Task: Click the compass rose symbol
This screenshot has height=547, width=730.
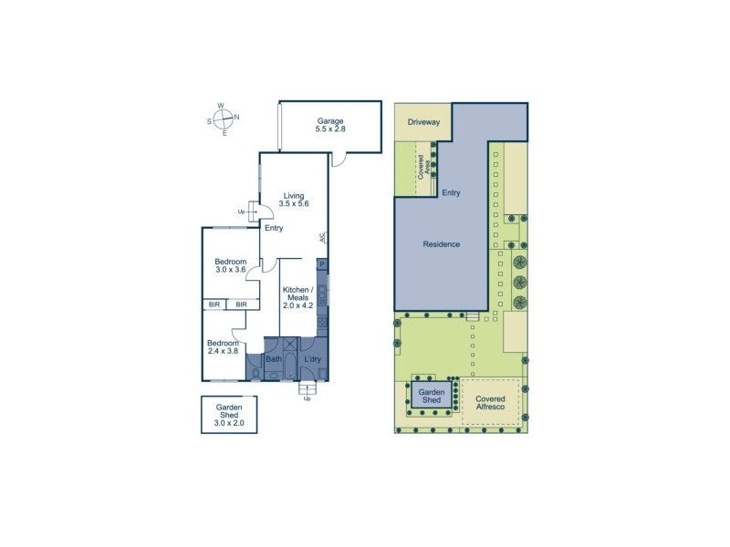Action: (223, 118)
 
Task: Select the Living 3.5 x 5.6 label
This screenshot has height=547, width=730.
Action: (293, 200)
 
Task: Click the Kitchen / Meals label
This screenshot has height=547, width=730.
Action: (299, 298)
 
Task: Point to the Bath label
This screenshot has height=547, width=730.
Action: (274, 359)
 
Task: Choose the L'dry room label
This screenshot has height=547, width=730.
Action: (313, 359)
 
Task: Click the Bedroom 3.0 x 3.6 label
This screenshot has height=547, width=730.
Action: (231, 266)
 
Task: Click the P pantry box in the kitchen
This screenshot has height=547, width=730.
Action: (322, 264)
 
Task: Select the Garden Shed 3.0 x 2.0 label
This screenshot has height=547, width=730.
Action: (229, 416)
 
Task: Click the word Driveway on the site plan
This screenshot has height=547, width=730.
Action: (423, 122)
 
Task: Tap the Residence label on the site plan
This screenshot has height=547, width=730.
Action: (441, 244)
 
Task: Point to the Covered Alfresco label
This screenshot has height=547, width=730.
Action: (490, 404)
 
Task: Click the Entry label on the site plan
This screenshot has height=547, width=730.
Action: (451, 193)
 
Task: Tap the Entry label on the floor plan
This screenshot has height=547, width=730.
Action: (274, 228)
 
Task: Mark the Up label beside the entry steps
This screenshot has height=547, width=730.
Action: (242, 212)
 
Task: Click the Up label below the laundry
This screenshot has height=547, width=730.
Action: (308, 398)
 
